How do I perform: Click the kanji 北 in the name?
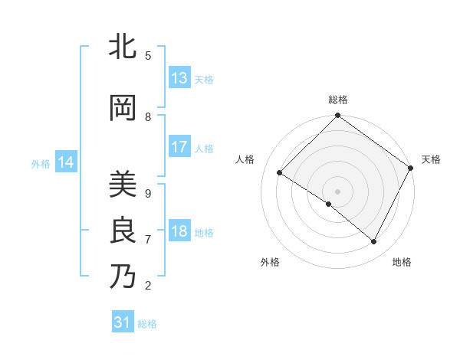tap(123, 47)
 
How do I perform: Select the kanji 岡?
tap(123, 109)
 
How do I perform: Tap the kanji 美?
tap(123, 184)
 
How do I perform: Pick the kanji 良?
tap(123, 231)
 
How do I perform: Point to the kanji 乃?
tap(123, 277)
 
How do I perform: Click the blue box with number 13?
tap(179, 78)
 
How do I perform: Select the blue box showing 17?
tap(179, 147)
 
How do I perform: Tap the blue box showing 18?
tap(179, 232)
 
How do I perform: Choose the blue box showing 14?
tap(66, 162)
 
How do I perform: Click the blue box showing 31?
tap(123, 322)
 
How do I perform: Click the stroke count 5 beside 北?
tap(148, 56)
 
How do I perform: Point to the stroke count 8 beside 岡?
tap(148, 117)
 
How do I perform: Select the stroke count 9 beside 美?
tap(148, 193)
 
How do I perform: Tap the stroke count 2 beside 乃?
tap(148, 286)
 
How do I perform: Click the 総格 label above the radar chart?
tap(338, 100)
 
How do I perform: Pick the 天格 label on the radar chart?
tap(431, 159)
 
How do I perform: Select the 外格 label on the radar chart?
tap(270, 262)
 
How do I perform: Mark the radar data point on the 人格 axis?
tap(280, 173)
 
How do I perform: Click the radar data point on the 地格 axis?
tap(374, 242)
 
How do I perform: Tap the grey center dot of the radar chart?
tap(337, 191)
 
